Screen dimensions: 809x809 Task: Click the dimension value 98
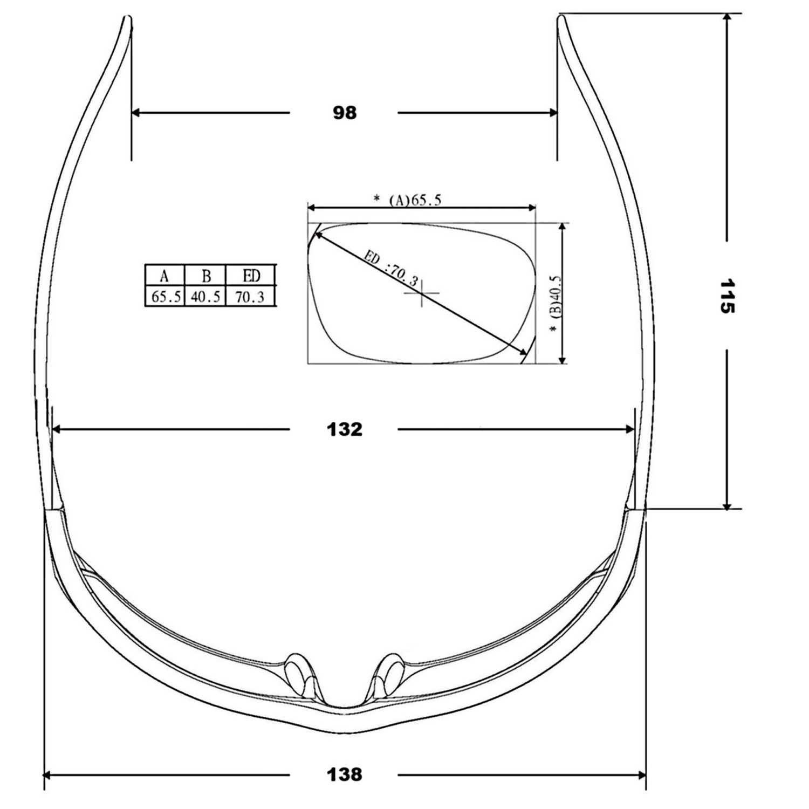click(345, 113)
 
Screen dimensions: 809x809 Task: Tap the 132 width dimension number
click(345, 429)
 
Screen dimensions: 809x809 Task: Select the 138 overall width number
click(345, 775)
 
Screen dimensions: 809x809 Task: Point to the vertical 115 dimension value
click(727, 296)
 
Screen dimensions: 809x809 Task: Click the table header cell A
click(164, 276)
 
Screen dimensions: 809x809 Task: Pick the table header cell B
click(205, 276)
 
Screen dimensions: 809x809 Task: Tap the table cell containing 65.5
click(165, 297)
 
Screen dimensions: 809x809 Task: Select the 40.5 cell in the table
click(205, 297)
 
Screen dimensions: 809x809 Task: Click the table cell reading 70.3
click(251, 297)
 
